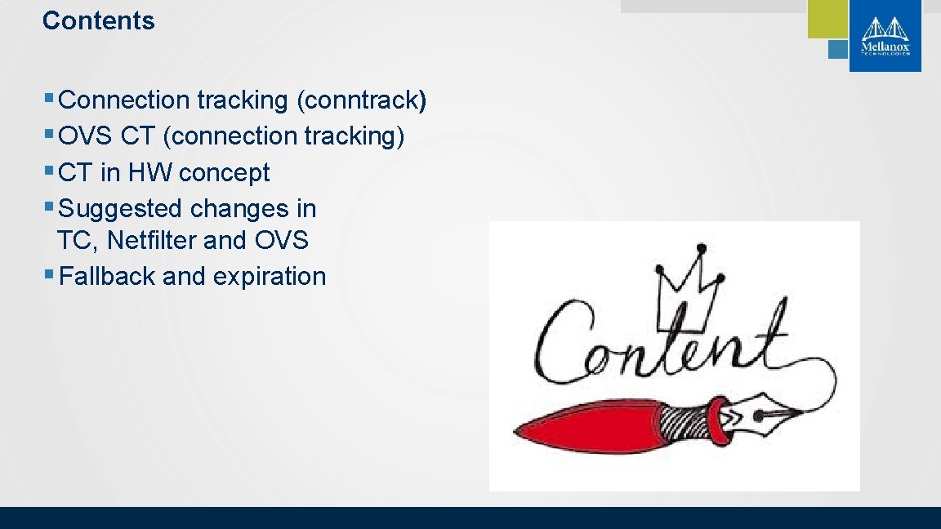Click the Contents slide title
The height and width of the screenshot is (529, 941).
98,20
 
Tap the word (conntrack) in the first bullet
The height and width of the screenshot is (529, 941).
361,100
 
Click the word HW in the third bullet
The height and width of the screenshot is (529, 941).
149,173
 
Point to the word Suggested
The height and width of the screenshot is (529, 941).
121,209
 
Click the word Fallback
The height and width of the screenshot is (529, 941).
108,277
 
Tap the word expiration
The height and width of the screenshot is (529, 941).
270,277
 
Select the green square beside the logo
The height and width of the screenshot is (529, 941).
827,18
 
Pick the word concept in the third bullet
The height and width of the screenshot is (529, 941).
224,173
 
